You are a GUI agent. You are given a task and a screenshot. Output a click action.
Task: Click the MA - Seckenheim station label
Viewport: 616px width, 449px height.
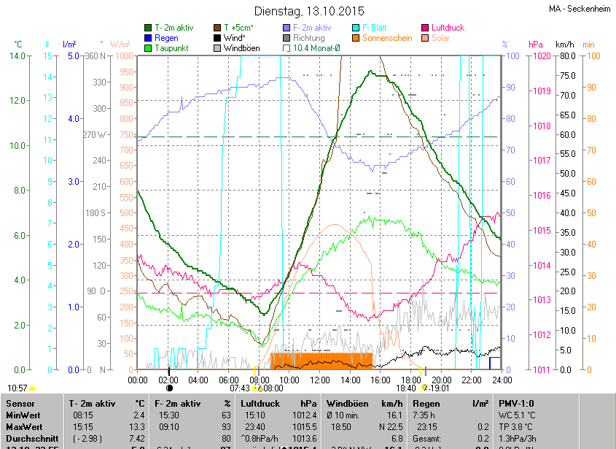(581, 9)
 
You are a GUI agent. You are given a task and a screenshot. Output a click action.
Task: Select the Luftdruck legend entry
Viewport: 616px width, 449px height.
(447, 28)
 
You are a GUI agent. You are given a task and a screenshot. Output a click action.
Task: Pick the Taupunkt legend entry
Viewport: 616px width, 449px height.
(171, 48)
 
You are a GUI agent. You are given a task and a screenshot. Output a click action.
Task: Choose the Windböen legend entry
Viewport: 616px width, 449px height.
(241, 48)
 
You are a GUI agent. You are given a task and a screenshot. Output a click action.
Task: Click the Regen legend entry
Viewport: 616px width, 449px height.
(166, 38)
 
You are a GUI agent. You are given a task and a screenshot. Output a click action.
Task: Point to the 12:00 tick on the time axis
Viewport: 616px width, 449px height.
(320, 380)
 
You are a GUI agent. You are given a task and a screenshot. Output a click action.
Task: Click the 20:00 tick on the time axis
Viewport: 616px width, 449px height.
(441, 380)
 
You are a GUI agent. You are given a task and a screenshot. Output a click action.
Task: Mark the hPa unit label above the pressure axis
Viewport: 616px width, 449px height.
(536, 45)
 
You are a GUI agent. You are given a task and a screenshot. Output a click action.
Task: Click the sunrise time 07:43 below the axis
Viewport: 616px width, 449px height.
(240, 388)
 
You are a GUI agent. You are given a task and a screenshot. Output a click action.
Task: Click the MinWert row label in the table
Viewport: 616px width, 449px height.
(23, 415)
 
